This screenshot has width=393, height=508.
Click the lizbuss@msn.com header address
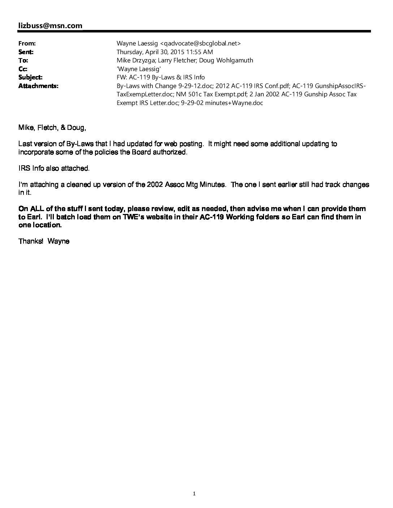[50, 26]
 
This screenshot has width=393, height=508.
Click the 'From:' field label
[27, 43]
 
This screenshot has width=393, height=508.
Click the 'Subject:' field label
[30, 77]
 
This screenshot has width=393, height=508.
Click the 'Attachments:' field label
[38, 86]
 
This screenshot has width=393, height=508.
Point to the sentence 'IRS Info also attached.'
[54, 168]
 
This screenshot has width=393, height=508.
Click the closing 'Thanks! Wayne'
[44, 241]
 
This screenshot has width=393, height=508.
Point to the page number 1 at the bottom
[194, 494]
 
